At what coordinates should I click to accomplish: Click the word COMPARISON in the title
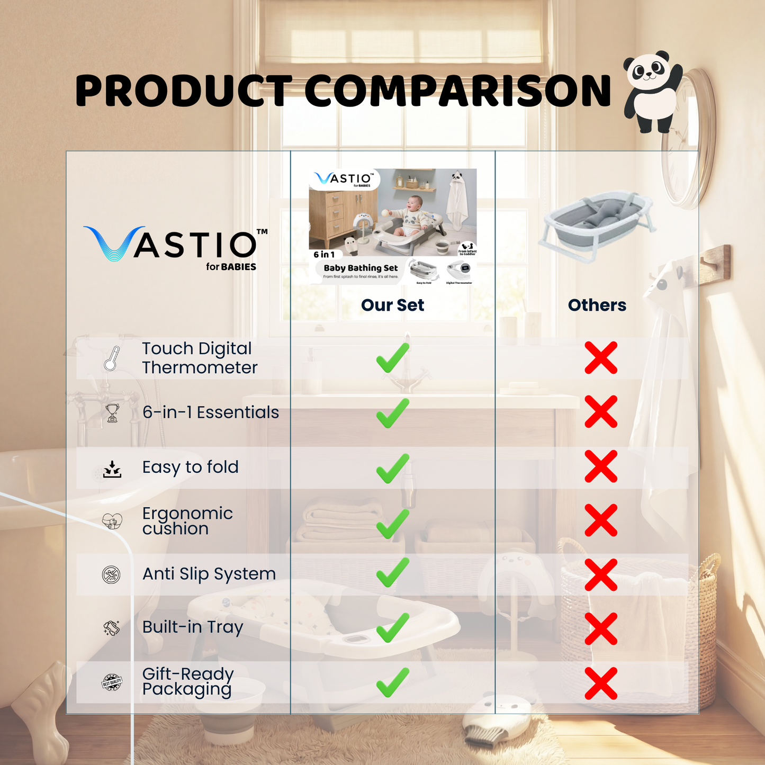coord(457,91)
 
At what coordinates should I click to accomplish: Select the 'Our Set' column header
coord(392,305)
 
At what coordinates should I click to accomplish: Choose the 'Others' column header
coord(597,305)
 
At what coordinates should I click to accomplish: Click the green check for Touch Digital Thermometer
coord(392,358)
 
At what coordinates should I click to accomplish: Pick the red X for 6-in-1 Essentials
coord(601,411)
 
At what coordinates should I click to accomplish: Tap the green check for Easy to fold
coord(392,468)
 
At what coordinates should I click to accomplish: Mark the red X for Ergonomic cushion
coord(601,520)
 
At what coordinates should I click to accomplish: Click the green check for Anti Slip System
coord(392,572)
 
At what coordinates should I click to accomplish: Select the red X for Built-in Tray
coord(601,628)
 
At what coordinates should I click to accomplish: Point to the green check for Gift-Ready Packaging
coord(392,682)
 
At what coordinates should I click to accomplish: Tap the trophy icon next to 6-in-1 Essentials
coord(112,413)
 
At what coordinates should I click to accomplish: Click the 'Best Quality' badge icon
coord(112,683)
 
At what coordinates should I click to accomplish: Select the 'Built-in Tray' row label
coord(193,627)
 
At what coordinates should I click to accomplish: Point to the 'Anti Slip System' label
coord(209,574)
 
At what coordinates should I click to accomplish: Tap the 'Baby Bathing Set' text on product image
coord(361,268)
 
